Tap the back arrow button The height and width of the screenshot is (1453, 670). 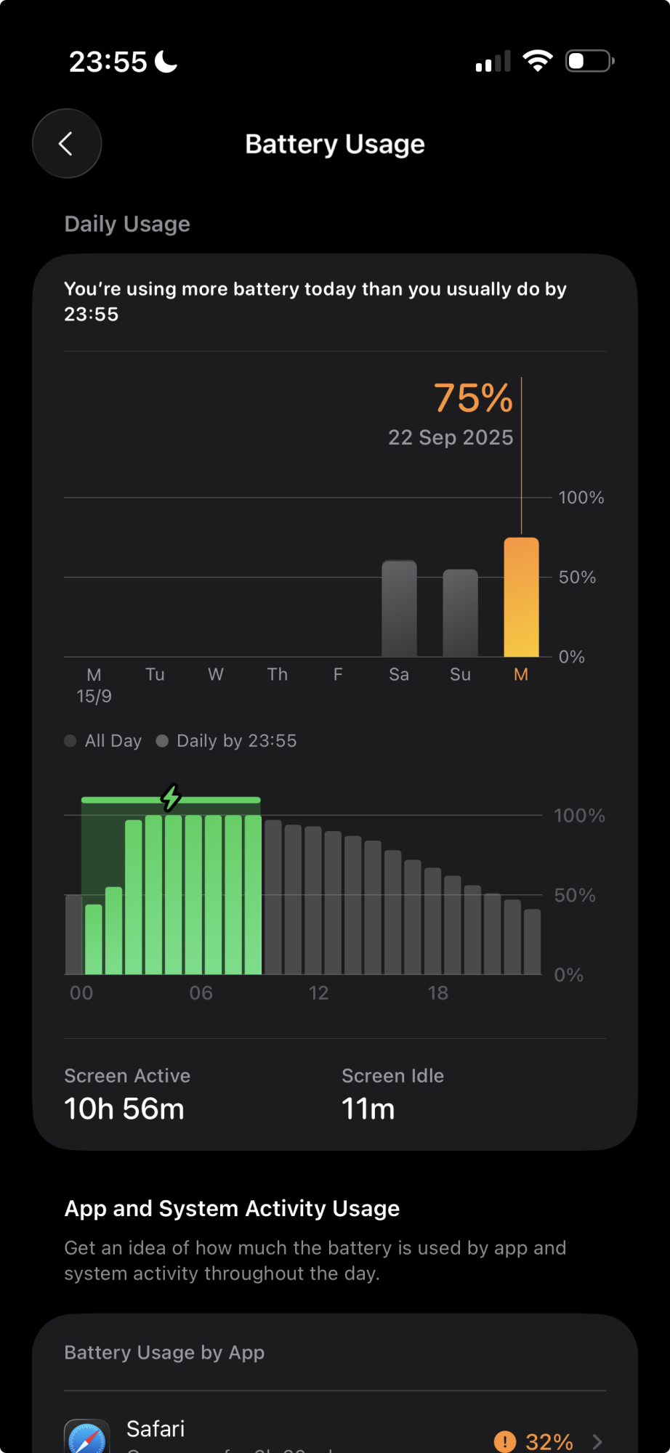pos(66,144)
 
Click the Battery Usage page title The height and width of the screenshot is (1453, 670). pos(334,144)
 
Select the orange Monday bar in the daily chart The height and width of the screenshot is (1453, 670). pos(521,597)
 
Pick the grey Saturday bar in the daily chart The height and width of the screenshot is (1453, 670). pos(399,609)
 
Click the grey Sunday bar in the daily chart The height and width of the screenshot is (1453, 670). pos(460,613)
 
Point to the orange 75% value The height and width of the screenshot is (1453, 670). pos(473,398)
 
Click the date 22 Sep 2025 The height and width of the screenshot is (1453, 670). pos(451,437)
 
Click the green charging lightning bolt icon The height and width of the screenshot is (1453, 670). pos(171,798)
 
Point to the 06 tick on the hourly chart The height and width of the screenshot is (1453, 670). pos(201,993)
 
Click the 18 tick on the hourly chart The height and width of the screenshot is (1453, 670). pos(437,993)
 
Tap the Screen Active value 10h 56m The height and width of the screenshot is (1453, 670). pos(124,1109)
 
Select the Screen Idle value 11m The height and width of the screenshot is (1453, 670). pos(368,1109)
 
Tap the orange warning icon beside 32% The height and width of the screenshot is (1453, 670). pos(504,1441)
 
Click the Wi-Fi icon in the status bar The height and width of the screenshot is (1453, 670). pos(537,61)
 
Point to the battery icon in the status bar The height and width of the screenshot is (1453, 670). pos(589,61)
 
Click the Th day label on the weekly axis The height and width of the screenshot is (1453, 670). pos(277,675)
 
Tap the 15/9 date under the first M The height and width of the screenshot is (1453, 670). pos(94,697)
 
